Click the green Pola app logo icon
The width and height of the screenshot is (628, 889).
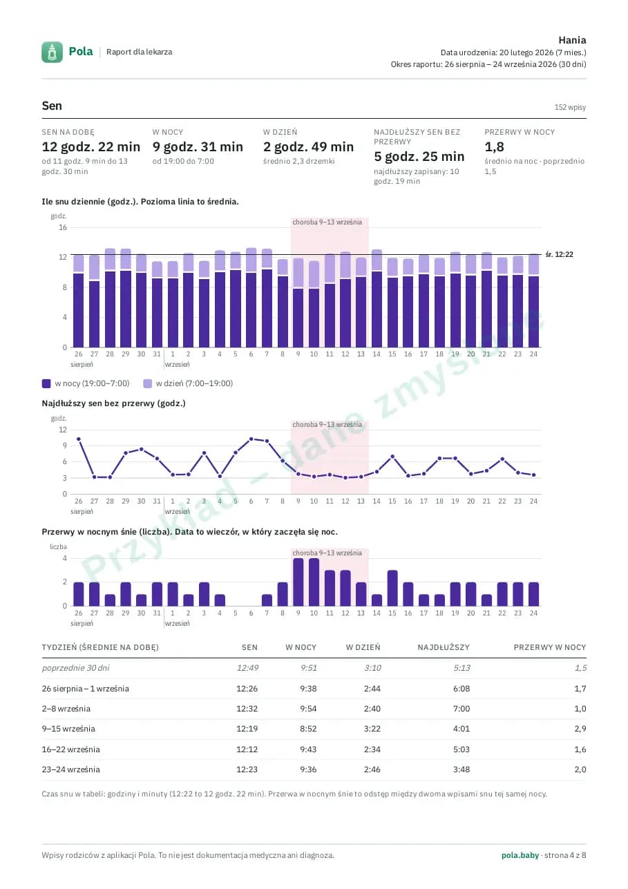point(52,52)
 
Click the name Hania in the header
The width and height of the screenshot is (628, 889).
point(572,40)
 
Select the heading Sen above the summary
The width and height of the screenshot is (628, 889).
point(52,106)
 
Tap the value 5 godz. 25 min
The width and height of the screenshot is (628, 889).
point(419,156)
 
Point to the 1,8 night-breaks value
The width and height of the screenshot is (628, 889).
point(494,147)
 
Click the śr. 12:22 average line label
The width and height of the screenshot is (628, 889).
point(560,254)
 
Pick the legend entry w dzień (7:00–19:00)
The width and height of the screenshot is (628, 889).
point(188,383)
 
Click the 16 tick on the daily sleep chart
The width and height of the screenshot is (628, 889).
point(63,227)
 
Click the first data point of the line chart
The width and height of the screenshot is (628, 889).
point(79,439)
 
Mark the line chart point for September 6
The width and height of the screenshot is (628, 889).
point(251,439)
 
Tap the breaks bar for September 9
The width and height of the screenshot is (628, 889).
point(298,582)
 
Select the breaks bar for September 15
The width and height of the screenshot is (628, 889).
point(392,588)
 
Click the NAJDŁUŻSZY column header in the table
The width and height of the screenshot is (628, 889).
point(444,647)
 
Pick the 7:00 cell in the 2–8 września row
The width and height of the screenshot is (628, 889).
point(462,709)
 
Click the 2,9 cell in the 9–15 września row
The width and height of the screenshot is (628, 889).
point(580,729)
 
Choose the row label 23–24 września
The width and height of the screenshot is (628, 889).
point(70,769)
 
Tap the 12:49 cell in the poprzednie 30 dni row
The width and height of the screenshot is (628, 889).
point(247,668)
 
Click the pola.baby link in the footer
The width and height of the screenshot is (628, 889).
point(520,855)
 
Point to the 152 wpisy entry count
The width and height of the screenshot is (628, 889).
point(570,107)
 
